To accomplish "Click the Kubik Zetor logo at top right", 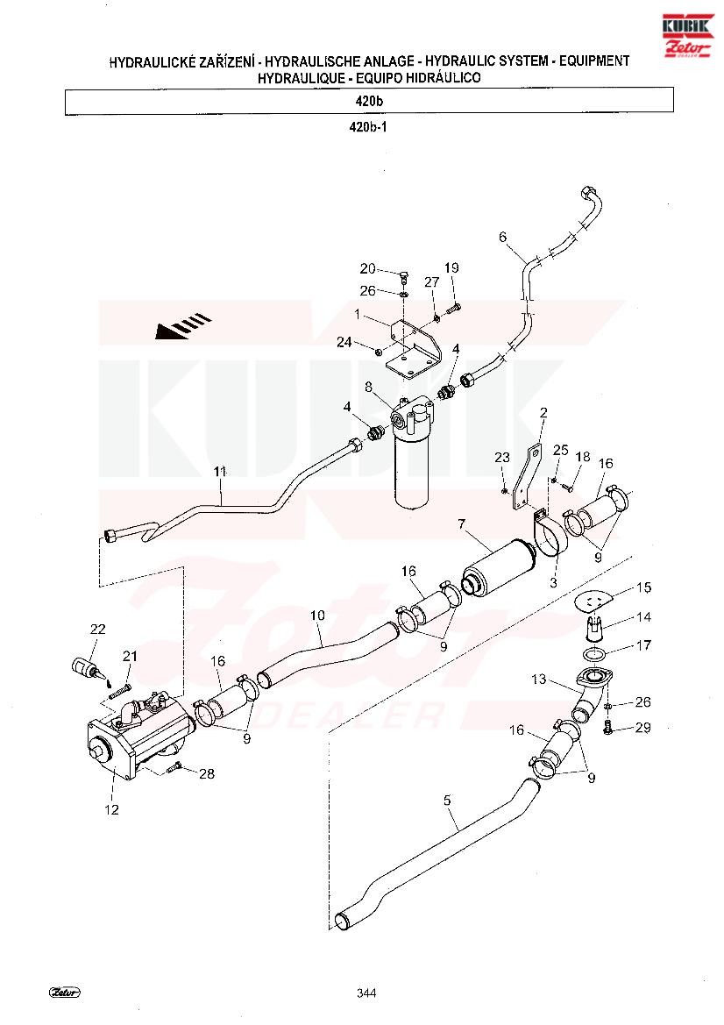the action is (x=687, y=35).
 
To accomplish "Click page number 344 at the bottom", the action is (x=366, y=993).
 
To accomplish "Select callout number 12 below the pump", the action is (x=111, y=809).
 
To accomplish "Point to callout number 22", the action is (x=97, y=629).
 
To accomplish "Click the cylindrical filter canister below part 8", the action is (x=410, y=471).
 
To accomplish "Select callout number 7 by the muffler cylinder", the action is (x=462, y=524).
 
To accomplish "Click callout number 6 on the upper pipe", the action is (x=502, y=237).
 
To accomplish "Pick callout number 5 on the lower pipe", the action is (x=447, y=801).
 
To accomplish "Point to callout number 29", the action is (x=643, y=728).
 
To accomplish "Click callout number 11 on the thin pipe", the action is (x=219, y=471).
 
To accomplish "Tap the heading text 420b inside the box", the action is (x=369, y=102).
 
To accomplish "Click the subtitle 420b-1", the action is (x=368, y=127).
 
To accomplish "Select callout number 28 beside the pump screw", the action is (x=207, y=774).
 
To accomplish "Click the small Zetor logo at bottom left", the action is (x=65, y=993).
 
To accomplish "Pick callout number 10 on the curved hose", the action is (x=317, y=616).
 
